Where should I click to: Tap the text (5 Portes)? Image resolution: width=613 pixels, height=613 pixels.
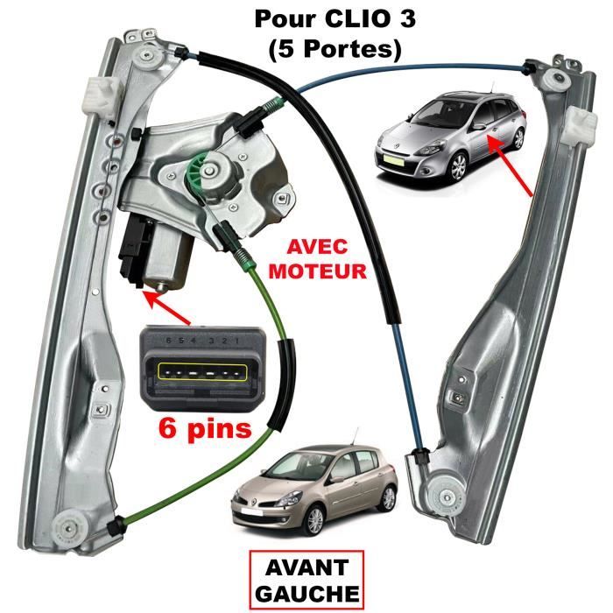coord(335,50)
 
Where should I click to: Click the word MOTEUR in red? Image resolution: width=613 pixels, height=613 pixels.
coord(317,271)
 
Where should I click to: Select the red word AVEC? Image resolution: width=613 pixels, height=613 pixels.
coord(317,247)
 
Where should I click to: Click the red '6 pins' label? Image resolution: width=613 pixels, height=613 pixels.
coord(205,429)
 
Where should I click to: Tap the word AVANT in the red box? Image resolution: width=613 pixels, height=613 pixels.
coord(306,567)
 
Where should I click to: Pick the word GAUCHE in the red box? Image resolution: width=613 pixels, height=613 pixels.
coord(306,594)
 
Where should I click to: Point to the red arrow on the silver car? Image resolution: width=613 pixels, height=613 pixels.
coord(510,165)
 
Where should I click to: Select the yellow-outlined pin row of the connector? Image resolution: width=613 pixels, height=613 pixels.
coord(202,372)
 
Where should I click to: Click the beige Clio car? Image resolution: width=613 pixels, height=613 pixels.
coord(314,490)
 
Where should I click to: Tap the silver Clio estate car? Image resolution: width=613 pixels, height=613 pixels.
coord(449,136)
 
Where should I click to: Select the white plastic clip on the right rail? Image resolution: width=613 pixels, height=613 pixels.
coord(579,125)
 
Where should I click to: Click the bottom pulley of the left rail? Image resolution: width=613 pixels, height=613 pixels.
coord(69,528)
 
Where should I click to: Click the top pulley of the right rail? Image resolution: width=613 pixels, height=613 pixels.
coord(554,81)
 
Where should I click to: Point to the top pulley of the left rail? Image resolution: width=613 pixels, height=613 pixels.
coord(148,57)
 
